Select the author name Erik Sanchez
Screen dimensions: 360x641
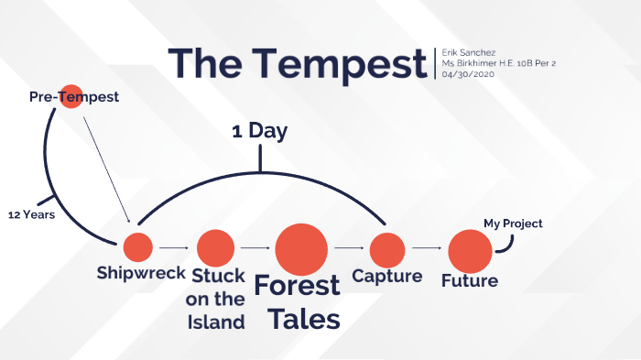click(x=468, y=52)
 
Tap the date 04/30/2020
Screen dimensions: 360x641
click(x=467, y=74)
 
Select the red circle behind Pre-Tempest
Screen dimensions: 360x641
click(x=71, y=96)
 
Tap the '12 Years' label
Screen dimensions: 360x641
click(x=32, y=215)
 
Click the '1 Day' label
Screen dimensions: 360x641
click(x=260, y=131)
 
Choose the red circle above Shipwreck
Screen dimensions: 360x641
click(x=138, y=247)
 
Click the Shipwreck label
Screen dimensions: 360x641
click(x=142, y=274)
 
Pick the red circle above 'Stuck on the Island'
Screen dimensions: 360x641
click(x=216, y=247)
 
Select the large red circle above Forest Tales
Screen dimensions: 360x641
click(x=301, y=247)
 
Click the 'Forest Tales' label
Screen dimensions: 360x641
click(x=297, y=302)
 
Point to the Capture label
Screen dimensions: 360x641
click(x=387, y=276)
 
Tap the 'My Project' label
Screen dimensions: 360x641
click(x=514, y=224)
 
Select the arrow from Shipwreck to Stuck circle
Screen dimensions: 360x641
click(x=174, y=247)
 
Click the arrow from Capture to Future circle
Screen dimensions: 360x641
click(x=427, y=247)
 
